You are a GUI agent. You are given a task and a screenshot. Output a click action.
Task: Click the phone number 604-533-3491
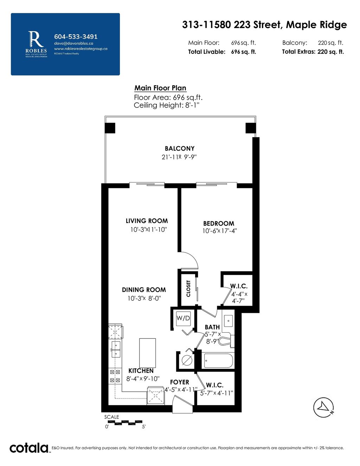coord(76,37)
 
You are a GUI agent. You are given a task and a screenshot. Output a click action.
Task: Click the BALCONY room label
coord(179,148)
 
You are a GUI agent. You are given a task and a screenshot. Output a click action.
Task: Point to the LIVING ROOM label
coord(147,221)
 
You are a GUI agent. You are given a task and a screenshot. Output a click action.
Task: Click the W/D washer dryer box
coord(183,319)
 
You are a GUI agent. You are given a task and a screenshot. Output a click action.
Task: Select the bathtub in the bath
coord(218,361)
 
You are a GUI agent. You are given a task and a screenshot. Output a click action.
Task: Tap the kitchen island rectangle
coord(147,353)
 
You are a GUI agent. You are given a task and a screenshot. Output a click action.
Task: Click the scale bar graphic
coord(124,422)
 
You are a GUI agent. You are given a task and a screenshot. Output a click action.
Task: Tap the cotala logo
coord(29,448)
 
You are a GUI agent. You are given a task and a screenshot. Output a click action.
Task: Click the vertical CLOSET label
coord(188,288)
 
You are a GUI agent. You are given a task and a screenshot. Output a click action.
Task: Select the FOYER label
coord(179,382)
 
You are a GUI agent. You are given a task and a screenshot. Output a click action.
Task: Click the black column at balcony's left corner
coord(110,128)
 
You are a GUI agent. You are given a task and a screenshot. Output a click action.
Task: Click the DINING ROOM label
coord(144,290)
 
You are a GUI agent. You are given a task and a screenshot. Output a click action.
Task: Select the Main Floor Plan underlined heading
coord(160,88)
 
